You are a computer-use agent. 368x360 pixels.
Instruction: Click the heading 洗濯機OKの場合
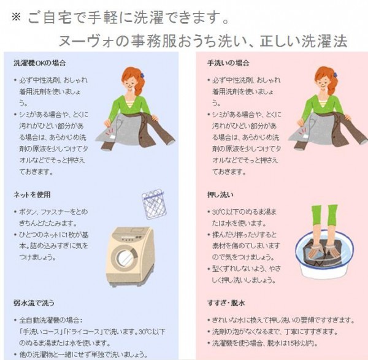(39, 63)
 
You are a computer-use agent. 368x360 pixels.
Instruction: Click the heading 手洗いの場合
(228, 63)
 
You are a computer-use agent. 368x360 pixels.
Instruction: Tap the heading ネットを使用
(32, 194)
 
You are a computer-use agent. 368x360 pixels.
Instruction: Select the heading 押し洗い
(220, 194)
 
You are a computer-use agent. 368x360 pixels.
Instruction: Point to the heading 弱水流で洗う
(34, 303)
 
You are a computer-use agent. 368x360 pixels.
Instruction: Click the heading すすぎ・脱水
(226, 303)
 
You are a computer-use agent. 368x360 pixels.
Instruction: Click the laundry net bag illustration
(154, 204)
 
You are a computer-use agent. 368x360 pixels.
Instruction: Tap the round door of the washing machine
(125, 258)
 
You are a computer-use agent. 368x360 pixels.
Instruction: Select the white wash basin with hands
(324, 255)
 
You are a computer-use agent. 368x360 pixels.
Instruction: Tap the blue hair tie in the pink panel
(335, 75)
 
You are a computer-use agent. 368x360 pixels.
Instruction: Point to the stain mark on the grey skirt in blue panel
(110, 133)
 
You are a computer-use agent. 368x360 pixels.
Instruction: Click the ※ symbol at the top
(16, 17)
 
